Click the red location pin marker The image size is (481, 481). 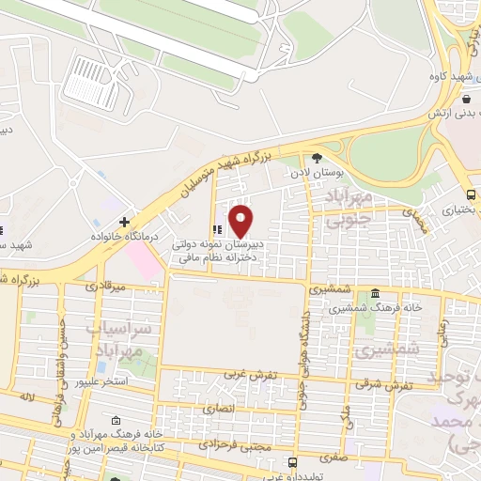[241, 221]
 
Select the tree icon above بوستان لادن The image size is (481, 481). [317, 158]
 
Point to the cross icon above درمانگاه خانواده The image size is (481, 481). [123, 222]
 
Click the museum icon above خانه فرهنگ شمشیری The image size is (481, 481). [376, 293]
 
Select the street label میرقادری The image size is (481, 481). [104, 284]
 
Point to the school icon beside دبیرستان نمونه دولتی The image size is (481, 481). [218, 228]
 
